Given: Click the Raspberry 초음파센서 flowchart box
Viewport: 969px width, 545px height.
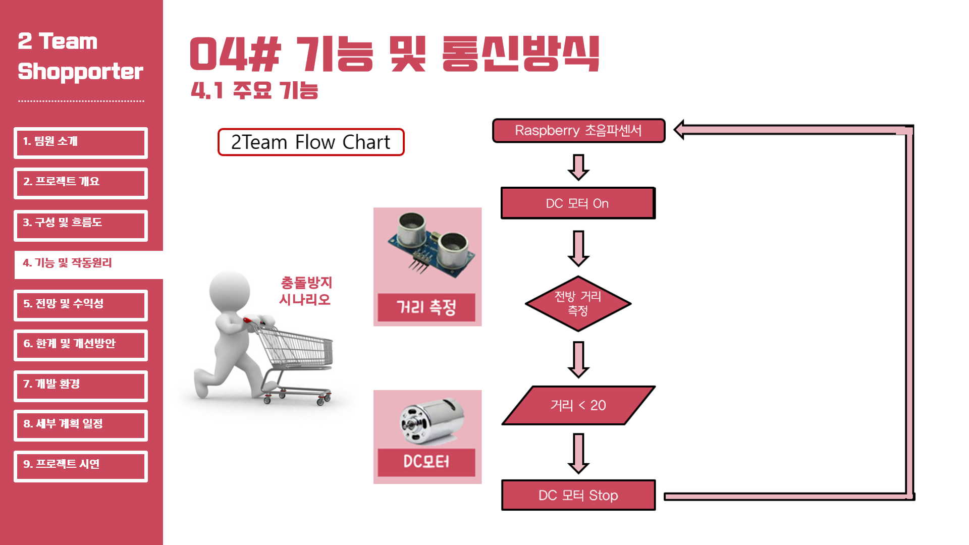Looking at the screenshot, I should [578, 131].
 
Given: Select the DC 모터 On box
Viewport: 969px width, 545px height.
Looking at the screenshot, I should [578, 203].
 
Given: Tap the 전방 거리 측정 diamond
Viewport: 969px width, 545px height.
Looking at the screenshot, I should [578, 303].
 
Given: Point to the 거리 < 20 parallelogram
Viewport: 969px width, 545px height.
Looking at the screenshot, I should [578, 405].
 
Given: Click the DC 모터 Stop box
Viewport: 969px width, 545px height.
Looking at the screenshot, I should [578, 495].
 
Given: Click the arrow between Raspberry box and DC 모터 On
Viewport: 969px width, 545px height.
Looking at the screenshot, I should [578, 167].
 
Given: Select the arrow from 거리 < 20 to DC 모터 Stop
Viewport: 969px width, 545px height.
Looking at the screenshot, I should [578, 453].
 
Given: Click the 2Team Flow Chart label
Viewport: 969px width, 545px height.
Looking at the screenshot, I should [311, 142].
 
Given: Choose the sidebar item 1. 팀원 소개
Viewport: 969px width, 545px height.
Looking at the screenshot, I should [81, 142].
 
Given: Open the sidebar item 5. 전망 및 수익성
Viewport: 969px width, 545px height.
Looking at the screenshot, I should [81, 305].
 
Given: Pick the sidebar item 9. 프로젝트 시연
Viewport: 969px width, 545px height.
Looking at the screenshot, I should [81, 465].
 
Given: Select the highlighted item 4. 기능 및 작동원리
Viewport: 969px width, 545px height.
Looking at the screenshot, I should [88, 263].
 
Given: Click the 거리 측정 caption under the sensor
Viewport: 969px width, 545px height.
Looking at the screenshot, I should [426, 307].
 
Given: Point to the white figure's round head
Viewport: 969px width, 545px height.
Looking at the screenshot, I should [230, 291].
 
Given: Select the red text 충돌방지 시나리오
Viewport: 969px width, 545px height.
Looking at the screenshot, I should [306, 291].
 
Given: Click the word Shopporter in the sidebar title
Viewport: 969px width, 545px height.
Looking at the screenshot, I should [81, 72].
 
